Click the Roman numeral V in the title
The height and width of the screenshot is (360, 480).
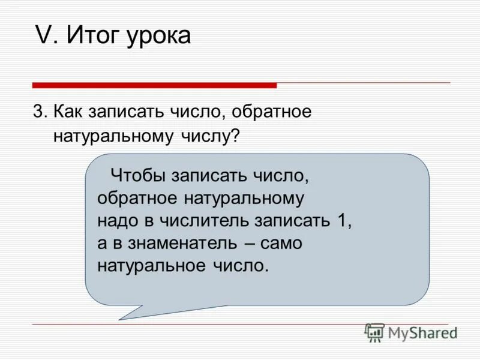[44, 36]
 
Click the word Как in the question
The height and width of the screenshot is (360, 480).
[69, 112]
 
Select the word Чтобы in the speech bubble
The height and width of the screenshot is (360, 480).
[139, 177]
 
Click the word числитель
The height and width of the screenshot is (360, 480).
[204, 221]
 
